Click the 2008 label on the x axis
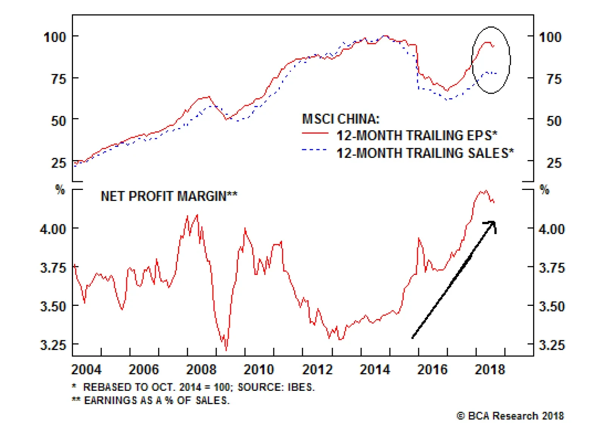click(x=201, y=369)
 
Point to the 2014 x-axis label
click(x=375, y=369)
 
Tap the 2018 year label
click(x=490, y=369)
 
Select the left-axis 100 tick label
click(x=55, y=37)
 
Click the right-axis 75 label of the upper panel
click(x=554, y=79)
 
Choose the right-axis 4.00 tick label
click(x=552, y=229)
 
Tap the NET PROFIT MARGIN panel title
click(x=169, y=196)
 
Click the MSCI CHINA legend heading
click(x=340, y=119)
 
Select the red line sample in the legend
click(x=315, y=133)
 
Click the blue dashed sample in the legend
click(x=315, y=150)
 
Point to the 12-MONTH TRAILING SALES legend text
click(x=425, y=153)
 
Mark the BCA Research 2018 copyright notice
click(x=510, y=416)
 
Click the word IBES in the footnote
click(x=300, y=387)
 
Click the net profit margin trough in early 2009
click(x=226, y=350)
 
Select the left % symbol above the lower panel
click(x=60, y=189)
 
